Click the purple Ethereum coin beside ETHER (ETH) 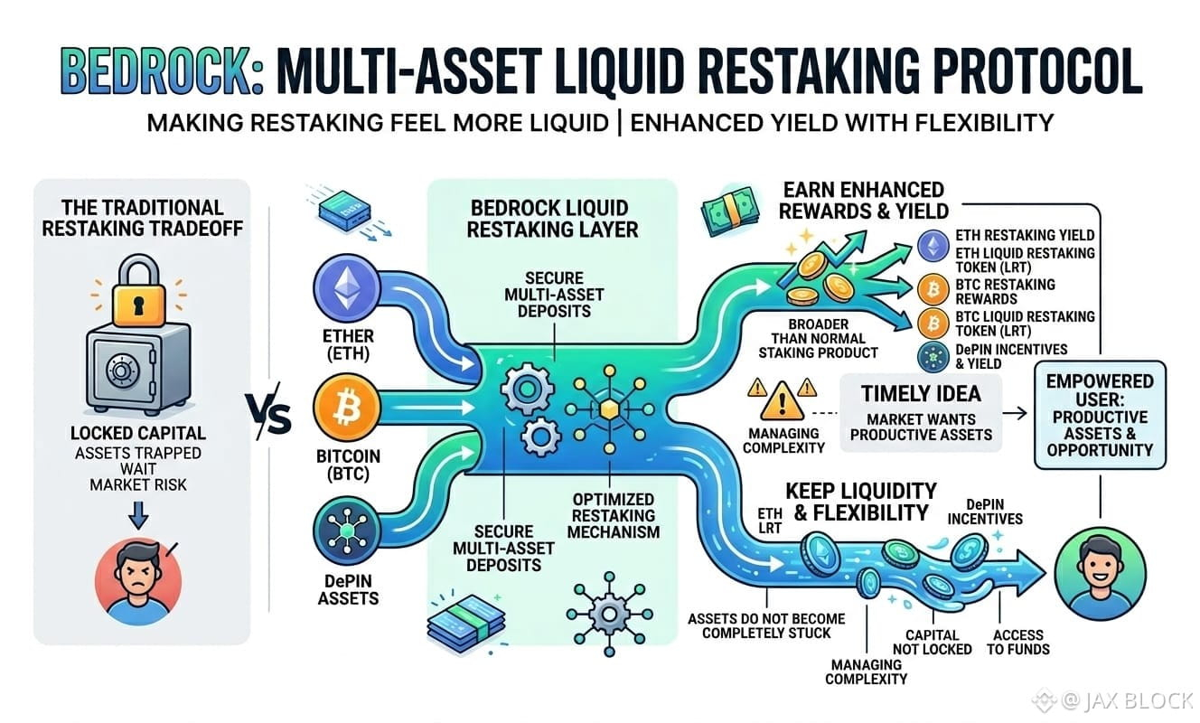pos(347,287)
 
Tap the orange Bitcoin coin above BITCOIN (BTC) pos(347,408)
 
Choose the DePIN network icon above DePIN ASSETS pos(347,531)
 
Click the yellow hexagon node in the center pos(609,410)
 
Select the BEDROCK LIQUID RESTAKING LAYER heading pos(552,219)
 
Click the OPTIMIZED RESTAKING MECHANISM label pos(614,515)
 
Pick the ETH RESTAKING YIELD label pos(1025,235)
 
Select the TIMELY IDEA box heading pos(921,394)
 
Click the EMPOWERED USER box pos(1100,416)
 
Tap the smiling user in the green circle pos(1100,574)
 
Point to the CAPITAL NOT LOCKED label pos(932,642)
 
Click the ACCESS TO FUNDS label pos(1017,642)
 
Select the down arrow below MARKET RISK pos(138,515)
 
